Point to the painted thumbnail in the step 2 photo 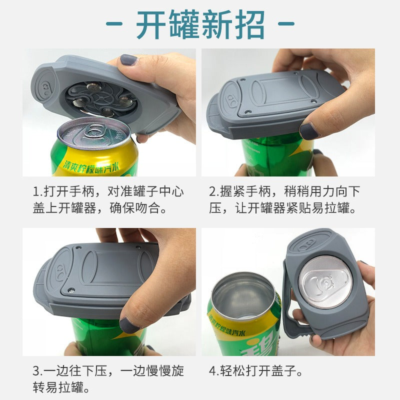(x=309, y=131)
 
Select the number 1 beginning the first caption (x=36, y=191)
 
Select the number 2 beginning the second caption (x=212, y=191)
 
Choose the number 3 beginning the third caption (x=36, y=371)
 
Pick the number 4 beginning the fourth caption (x=212, y=371)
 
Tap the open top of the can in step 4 (x=243, y=295)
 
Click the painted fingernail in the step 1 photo (x=128, y=60)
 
